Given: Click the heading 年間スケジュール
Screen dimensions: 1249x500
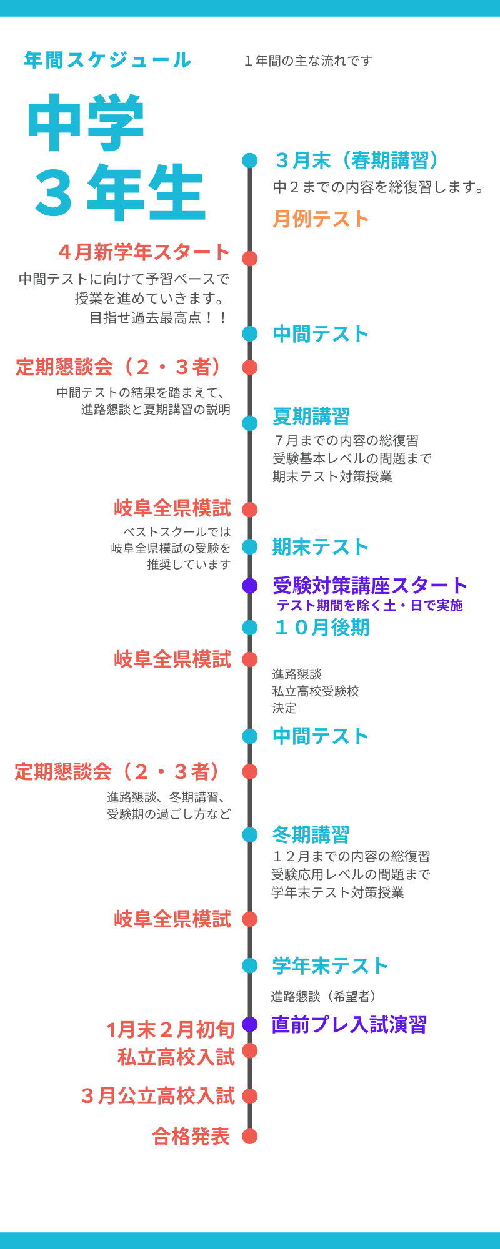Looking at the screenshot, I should tap(107, 60).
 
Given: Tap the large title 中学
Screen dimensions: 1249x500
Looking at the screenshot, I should tap(86, 124).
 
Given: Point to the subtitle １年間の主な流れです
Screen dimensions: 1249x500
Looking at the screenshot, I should tap(308, 61).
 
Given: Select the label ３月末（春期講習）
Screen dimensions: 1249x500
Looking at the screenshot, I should tap(358, 160).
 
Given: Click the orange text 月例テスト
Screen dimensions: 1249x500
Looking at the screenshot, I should tap(321, 219).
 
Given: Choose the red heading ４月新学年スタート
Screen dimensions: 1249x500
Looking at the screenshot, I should tap(144, 252).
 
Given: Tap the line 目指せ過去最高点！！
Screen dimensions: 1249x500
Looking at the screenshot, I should tap(159, 318).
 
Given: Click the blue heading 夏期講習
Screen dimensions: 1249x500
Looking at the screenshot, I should tap(311, 417).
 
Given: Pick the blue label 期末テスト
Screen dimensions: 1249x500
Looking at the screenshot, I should tap(321, 547).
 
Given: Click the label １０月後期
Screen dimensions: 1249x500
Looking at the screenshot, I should tap(321, 628).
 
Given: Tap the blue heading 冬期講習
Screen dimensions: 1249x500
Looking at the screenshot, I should tap(311, 834).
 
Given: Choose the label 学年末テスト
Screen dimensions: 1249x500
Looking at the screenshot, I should tap(330, 966).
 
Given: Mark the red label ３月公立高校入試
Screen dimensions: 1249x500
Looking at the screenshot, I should tap(158, 1096).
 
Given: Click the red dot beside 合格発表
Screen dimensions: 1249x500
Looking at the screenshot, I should tap(250, 1137).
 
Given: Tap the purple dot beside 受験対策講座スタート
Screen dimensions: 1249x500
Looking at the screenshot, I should tap(250, 586).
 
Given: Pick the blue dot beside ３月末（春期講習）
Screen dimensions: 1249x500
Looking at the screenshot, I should tap(250, 160).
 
